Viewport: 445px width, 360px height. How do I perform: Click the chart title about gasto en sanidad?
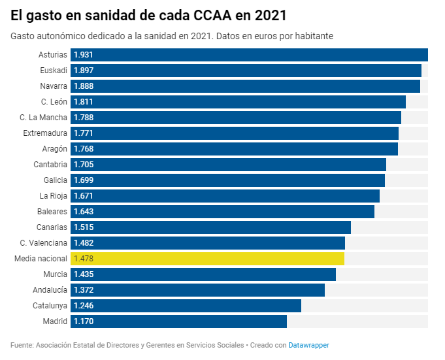(x=148, y=14)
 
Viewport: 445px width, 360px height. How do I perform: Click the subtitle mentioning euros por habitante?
(x=172, y=36)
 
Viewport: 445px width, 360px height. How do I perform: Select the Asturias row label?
(x=52, y=55)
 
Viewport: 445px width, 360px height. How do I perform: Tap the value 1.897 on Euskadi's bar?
(x=84, y=71)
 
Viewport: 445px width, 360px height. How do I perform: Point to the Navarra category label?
(x=53, y=86)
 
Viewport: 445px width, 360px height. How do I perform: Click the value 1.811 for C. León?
(x=84, y=102)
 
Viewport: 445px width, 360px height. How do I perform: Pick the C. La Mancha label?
(x=43, y=118)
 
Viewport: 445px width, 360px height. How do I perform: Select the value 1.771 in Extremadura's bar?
(x=84, y=133)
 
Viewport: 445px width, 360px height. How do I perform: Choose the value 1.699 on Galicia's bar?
(x=84, y=180)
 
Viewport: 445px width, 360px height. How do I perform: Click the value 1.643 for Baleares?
(x=84, y=212)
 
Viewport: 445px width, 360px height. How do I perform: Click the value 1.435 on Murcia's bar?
(x=84, y=274)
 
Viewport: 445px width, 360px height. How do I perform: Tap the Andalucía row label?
(x=50, y=290)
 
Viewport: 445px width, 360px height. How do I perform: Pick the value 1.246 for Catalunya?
(x=84, y=306)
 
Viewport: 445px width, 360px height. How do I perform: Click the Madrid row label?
(x=54, y=321)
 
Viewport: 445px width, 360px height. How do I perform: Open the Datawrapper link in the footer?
(x=308, y=345)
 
